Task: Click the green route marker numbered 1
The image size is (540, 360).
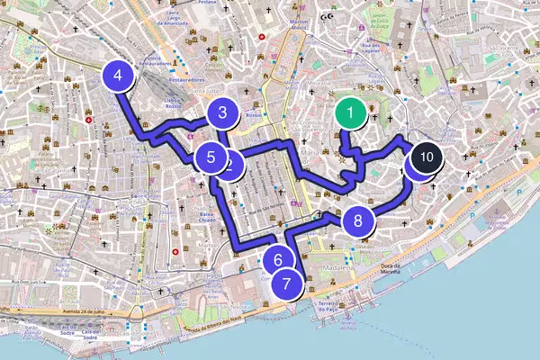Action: point(349,114)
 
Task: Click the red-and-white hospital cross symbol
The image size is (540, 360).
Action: point(89,120)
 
